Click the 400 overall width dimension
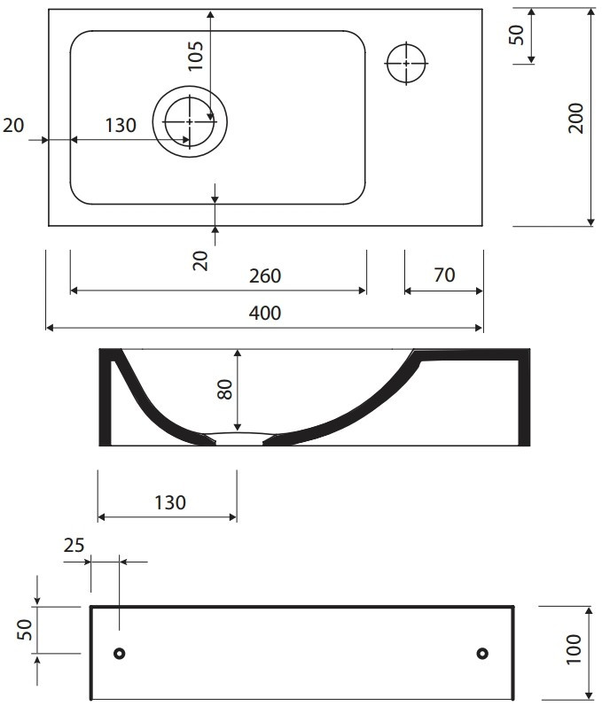click(265, 313)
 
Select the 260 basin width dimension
click(265, 275)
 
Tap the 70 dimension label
click(444, 275)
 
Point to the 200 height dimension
click(575, 118)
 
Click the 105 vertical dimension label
click(196, 56)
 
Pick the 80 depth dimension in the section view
click(224, 390)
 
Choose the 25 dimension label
click(74, 546)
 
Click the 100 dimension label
click(574, 649)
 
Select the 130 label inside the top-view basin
click(121, 125)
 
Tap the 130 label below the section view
click(170, 502)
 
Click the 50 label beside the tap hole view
click(516, 35)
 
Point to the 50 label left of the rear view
click(25, 630)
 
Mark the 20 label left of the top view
click(13, 125)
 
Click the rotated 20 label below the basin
click(200, 260)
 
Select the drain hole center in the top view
click(190, 121)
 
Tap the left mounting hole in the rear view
click(120, 653)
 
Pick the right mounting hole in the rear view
click(482, 653)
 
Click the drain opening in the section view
click(239, 439)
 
